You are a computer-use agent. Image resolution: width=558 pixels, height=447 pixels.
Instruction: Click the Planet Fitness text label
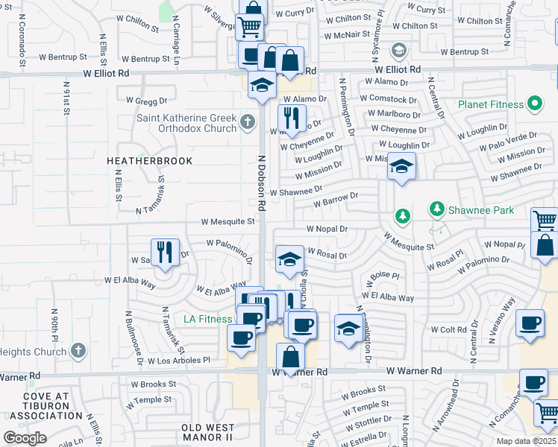coord(491,104)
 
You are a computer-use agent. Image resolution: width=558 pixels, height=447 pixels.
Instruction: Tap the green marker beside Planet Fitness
coord(534,104)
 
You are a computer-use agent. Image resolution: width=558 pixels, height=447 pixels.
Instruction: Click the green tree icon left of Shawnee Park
coord(403,216)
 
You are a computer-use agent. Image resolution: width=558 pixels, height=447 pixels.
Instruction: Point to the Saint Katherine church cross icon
coord(248,121)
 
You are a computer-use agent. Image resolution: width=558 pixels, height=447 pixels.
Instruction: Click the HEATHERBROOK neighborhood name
coord(150,161)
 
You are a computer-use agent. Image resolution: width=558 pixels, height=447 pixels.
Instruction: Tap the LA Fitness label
coord(208,320)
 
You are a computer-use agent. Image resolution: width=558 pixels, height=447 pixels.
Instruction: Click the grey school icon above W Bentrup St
coord(398,50)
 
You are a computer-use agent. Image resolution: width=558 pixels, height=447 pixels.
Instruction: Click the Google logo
coord(25,438)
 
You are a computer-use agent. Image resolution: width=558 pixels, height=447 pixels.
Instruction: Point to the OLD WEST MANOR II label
coord(207,431)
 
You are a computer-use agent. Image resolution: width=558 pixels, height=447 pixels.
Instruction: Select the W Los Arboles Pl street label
coord(179,361)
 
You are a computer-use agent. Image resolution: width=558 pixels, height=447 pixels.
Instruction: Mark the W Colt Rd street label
coord(448,329)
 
